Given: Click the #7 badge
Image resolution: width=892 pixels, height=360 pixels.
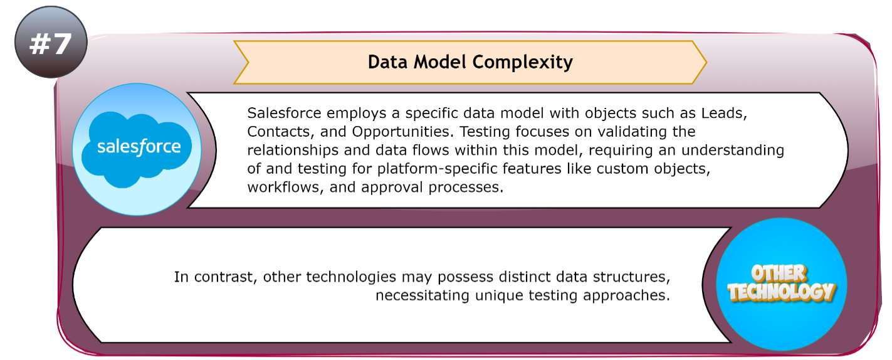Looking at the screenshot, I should pyautogui.click(x=50, y=43).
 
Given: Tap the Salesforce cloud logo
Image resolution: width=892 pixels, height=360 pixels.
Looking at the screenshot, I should pyautogui.click(x=138, y=148).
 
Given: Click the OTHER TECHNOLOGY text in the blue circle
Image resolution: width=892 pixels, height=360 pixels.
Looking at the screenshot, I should pyautogui.click(x=781, y=283).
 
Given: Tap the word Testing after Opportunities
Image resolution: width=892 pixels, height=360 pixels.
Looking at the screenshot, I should pyautogui.click(x=495, y=132).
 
